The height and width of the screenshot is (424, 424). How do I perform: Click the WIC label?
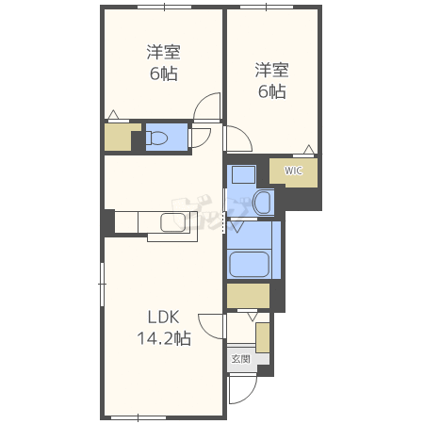(x=293, y=171)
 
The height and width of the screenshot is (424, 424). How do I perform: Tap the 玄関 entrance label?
(x=241, y=359)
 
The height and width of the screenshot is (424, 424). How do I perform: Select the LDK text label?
(x=163, y=318)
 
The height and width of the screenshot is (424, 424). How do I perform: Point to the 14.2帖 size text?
(x=164, y=338)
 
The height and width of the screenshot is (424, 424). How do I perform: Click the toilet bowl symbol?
(x=156, y=138)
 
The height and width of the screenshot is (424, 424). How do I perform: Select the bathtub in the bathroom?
(x=250, y=264)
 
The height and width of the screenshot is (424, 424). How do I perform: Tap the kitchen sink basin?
(x=172, y=222)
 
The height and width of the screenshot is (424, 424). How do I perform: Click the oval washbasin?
(x=262, y=203)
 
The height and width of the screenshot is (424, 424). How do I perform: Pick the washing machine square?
(x=243, y=174)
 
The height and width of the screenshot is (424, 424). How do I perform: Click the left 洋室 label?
(x=164, y=52)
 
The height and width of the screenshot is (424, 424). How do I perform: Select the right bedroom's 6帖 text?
(x=272, y=91)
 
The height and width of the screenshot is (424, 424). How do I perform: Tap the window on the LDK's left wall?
(x=102, y=285)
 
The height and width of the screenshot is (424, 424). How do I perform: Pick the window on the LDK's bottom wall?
(x=139, y=418)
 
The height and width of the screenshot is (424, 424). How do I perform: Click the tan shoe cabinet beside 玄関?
(x=263, y=337)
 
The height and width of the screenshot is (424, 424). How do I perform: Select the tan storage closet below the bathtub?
(x=248, y=296)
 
